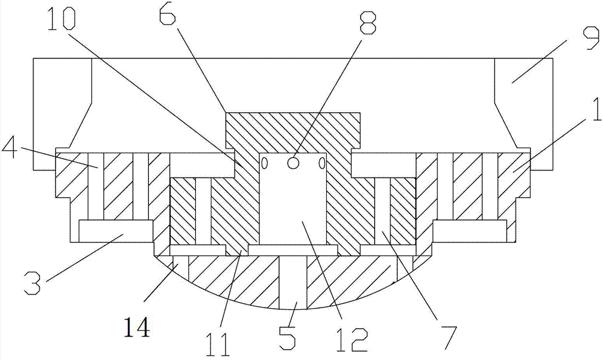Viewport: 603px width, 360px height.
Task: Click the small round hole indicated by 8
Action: tap(293, 163)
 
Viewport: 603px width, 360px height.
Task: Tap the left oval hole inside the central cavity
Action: tap(264, 163)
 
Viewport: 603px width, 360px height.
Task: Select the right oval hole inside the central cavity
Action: tap(321, 163)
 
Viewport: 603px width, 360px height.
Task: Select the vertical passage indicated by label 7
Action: tap(382, 211)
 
